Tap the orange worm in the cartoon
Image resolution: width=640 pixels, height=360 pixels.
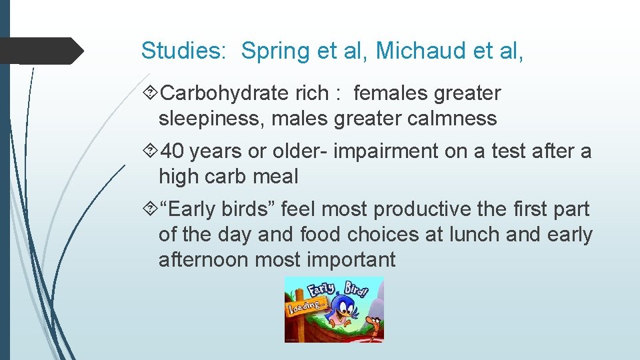tap(375, 327)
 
